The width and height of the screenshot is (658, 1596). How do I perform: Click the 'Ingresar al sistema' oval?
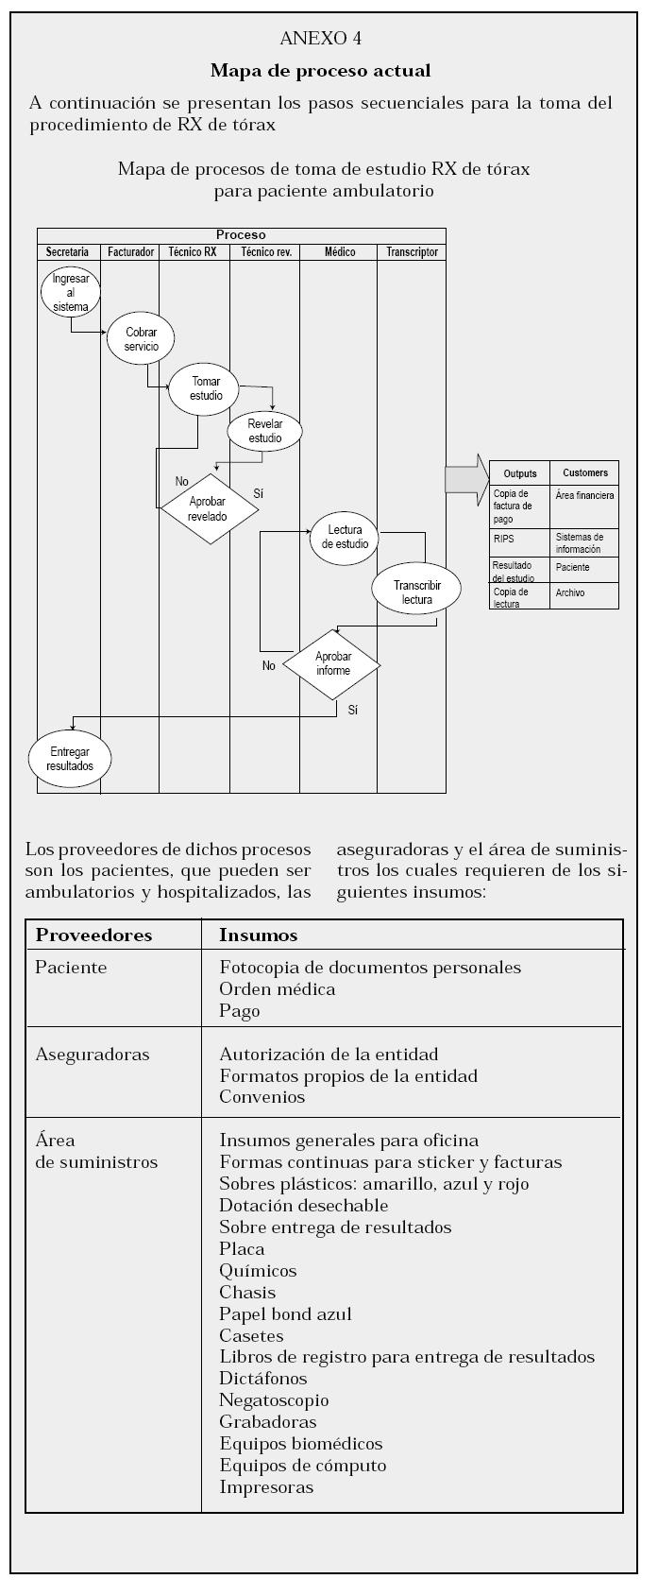tap(71, 293)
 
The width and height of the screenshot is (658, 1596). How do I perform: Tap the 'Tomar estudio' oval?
tap(204, 388)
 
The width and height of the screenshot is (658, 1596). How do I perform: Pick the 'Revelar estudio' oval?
tap(265, 431)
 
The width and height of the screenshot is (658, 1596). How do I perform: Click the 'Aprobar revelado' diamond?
tap(208, 508)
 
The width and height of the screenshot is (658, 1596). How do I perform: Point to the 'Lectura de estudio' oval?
tap(346, 538)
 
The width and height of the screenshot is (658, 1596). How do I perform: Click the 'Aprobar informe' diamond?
tap(332, 664)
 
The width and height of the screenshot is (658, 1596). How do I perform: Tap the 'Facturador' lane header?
tap(130, 252)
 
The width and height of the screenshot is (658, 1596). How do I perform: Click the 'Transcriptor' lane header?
tap(412, 252)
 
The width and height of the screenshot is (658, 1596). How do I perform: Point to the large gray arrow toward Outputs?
tap(465, 479)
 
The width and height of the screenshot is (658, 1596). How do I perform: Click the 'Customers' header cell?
tap(585, 472)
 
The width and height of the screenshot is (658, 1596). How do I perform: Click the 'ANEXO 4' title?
tap(321, 39)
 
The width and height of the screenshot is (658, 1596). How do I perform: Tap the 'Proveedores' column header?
tap(93, 935)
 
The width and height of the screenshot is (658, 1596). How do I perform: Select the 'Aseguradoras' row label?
tap(92, 1055)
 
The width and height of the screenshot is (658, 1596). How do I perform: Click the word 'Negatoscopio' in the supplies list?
tap(274, 1400)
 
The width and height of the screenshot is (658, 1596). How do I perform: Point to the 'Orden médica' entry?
tap(277, 989)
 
